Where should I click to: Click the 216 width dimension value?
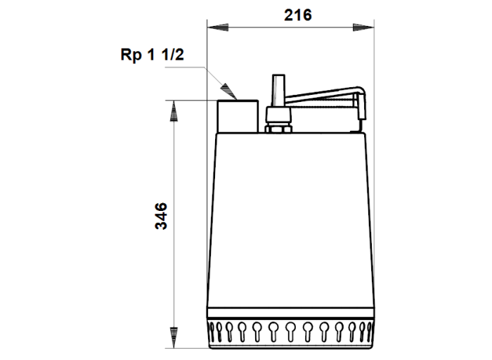pyautogui.click(x=298, y=15)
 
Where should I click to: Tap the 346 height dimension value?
pyautogui.click(x=161, y=217)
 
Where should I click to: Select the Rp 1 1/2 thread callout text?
pyautogui.click(x=153, y=55)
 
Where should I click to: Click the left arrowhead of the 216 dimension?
pyautogui.click(x=217, y=27)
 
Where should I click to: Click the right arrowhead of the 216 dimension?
pyautogui.click(x=363, y=27)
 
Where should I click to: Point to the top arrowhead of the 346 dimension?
pyautogui.click(x=174, y=111)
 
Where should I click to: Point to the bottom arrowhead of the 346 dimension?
pyautogui.click(x=174, y=337)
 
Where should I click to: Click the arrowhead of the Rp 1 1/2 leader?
pyautogui.click(x=228, y=91)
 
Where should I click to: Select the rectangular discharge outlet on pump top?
pyautogui.click(x=238, y=116)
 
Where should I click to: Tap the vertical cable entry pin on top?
pyautogui.click(x=278, y=91)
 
